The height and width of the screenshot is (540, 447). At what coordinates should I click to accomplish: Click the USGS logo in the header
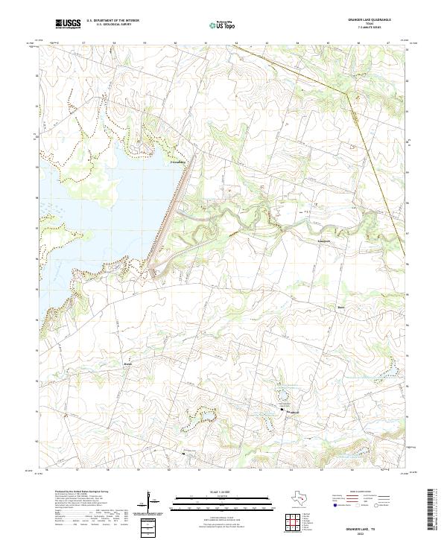[x=68, y=24]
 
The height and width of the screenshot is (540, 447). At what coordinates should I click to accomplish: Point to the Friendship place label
[x=179, y=162]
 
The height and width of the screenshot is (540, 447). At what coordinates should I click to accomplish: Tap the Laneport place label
[x=304, y=241]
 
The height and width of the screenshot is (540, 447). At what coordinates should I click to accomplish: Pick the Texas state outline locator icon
[x=302, y=498]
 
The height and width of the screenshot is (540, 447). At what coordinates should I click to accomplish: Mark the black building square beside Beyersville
[x=282, y=410]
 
